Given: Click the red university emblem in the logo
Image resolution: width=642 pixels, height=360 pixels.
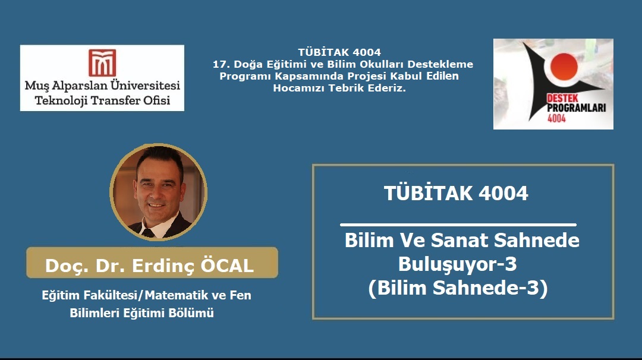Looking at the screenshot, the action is [x=102, y=62].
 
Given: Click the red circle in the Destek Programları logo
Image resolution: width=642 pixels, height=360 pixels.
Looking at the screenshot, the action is [x=564, y=67].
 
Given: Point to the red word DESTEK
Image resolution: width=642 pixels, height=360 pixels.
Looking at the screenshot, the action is [x=562, y=99].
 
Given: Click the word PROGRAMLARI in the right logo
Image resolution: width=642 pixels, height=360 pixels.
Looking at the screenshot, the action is [x=577, y=108].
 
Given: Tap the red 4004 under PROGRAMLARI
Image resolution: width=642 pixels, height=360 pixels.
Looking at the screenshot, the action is [x=556, y=118].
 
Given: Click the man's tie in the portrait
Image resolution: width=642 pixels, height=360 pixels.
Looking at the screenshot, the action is [x=148, y=233].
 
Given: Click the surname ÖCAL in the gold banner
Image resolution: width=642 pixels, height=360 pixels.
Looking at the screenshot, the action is [x=227, y=266].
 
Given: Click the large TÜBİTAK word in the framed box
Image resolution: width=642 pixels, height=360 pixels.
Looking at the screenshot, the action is [x=428, y=193].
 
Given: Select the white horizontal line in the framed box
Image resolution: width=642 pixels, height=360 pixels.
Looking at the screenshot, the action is [x=458, y=225].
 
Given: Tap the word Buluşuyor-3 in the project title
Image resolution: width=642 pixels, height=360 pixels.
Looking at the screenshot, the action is [x=458, y=264].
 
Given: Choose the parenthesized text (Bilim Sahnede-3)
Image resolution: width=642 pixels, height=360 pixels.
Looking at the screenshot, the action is [x=458, y=288].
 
